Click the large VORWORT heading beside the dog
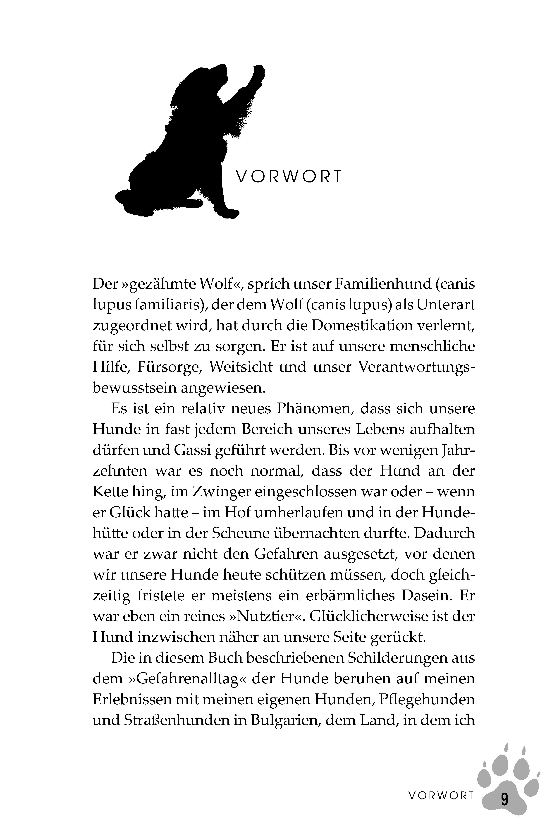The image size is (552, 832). [288, 177]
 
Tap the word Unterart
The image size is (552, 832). [446, 305]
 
